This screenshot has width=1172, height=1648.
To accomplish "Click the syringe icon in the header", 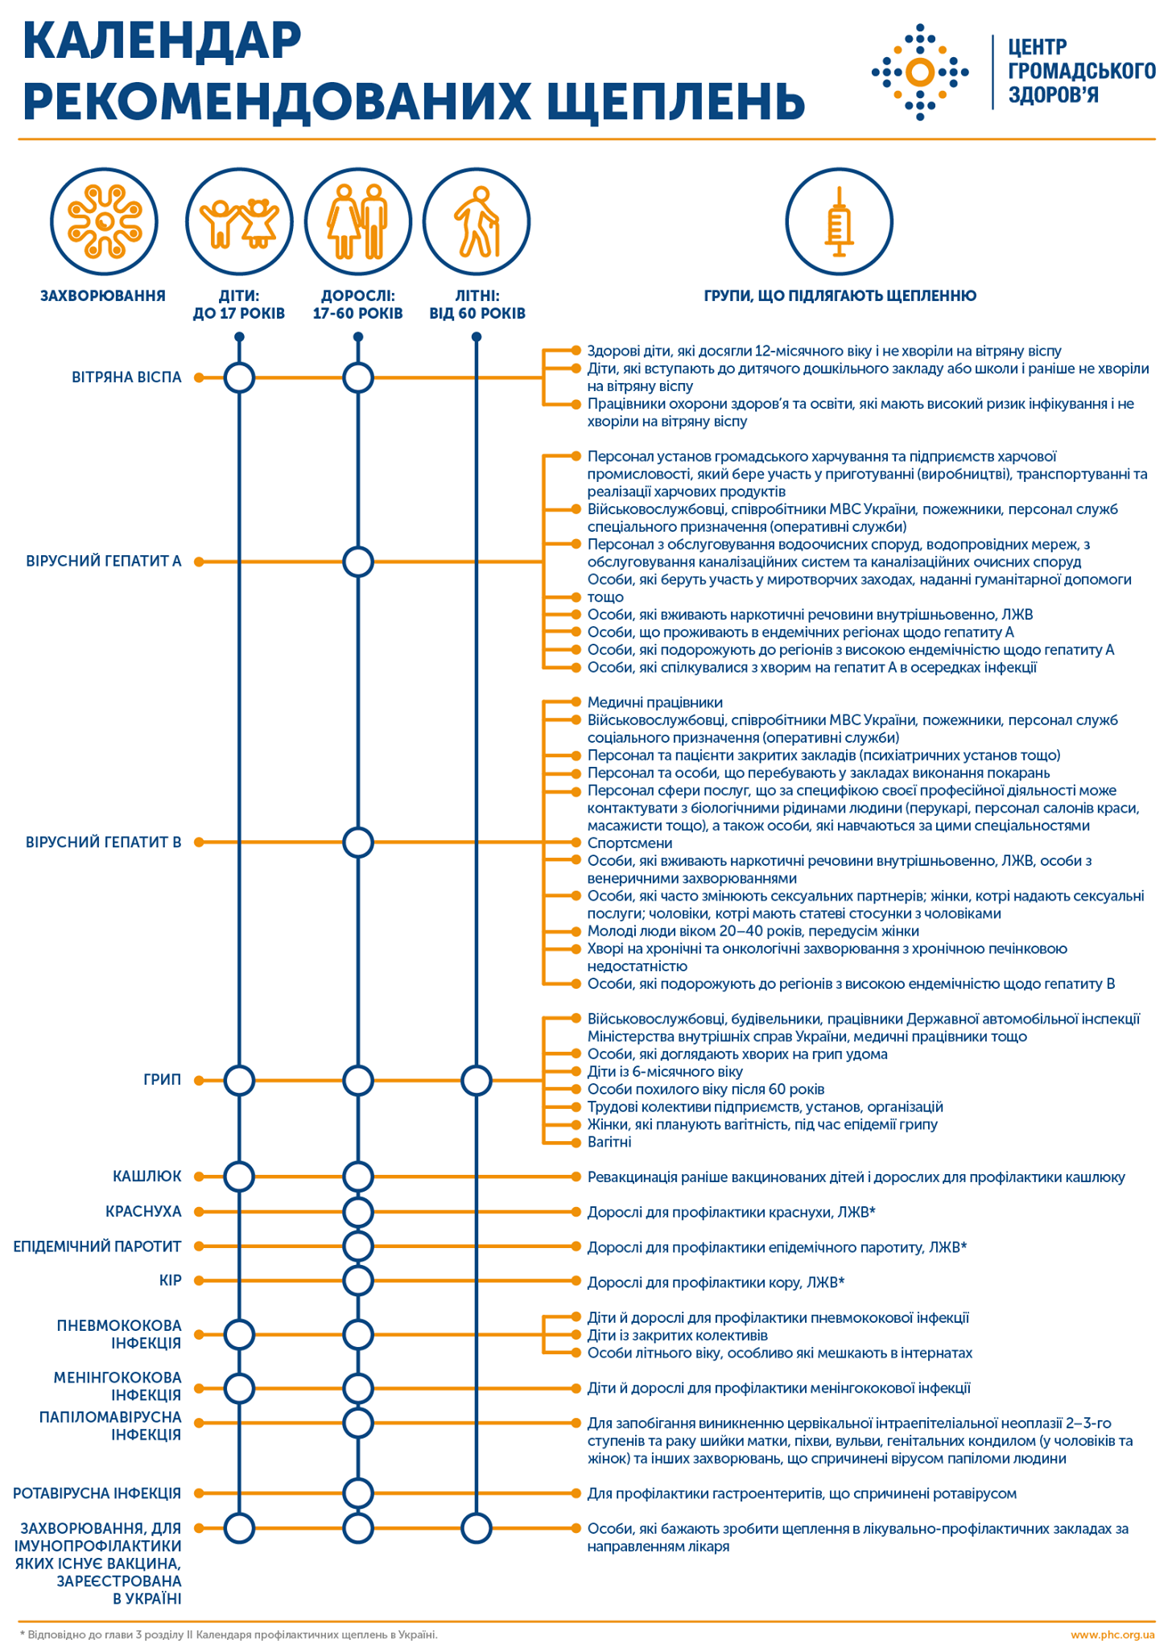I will click(839, 221).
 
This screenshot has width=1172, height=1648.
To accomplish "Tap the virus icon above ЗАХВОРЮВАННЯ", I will click(104, 221).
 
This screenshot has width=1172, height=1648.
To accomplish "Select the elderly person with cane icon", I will click(477, 221).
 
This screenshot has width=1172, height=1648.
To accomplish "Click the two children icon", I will click(239, 221).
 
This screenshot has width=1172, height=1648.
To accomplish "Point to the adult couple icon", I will click(358, 221).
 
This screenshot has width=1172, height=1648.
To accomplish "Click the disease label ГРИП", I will click(162, 1080).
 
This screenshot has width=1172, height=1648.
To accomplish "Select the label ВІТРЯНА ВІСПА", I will click(126, 377).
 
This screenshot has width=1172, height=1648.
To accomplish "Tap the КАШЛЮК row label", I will click(147, 1176).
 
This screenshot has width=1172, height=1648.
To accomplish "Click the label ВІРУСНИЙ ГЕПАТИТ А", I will click(104, 561).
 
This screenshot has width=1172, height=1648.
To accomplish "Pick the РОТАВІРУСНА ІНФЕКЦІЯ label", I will click(97, 1493).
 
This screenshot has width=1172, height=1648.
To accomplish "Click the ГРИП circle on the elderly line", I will click(477, 1080).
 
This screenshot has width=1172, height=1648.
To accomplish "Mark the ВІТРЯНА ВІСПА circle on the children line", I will click(239, 377).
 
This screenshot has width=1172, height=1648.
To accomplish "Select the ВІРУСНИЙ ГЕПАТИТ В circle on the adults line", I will click(358, 843).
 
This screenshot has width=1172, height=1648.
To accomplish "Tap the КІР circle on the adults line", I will click(358, 1280).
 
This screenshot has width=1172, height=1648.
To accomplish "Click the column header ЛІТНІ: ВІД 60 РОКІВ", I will click(477, 304).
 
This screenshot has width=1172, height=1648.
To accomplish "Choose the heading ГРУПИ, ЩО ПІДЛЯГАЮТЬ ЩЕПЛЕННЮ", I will click(840, 296).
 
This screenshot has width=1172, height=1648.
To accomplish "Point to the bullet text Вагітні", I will click(609, 1142).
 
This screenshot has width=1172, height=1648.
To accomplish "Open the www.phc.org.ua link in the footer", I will click(1112, 1634).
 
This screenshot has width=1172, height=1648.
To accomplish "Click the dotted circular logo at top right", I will click(920, 72).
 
